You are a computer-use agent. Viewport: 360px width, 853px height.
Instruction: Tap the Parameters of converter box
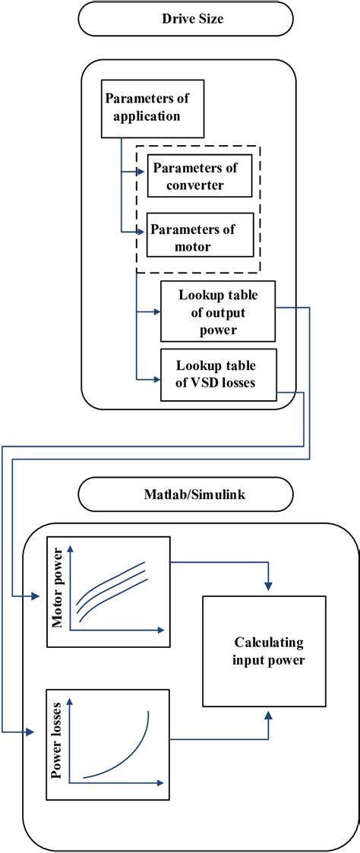point(199,176)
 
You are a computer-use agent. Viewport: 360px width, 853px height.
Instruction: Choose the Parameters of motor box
point(199,236)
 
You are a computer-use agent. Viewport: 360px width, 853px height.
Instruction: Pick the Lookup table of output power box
point(217,311)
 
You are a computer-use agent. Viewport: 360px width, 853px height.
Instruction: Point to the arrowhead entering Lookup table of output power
point(156,311)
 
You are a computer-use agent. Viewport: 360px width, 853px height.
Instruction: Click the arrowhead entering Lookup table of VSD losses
point(156,378)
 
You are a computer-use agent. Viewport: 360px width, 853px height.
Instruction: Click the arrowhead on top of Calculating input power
point(267,585)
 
